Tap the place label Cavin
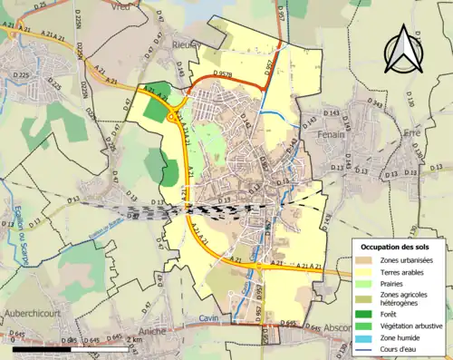click(209, 320)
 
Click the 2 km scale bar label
click(132, 339)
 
